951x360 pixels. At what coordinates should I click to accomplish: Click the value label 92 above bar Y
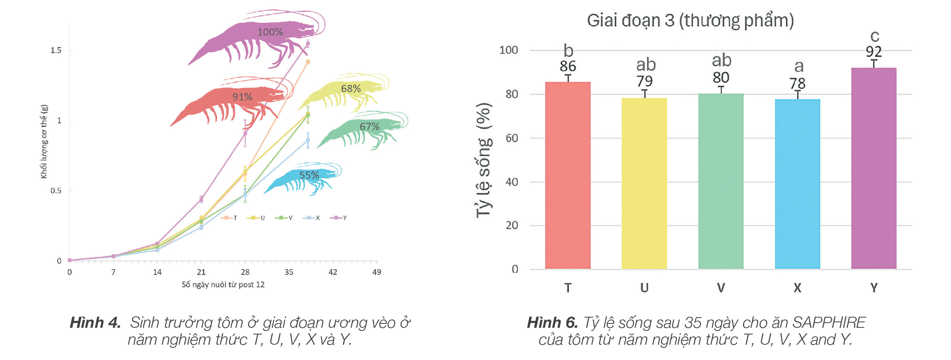click(x=874, y=51)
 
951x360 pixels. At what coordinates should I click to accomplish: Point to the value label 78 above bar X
click(x=797, y=83)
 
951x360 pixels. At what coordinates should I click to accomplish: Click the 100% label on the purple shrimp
click(x=270, y=32)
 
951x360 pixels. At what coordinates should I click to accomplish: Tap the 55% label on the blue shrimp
click(x=309, y=175)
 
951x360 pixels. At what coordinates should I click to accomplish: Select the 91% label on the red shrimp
click(x=242, y=97)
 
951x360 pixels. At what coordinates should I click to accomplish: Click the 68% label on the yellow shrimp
click(x=351, y=88)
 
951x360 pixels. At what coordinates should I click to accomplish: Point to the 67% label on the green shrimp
click(x=370, y=126)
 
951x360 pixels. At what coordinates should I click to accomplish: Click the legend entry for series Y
click(x=339, y=218)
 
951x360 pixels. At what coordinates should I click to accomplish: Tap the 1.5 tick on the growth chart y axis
click(x=56, y=50)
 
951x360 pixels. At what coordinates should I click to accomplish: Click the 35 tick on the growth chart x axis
click(x=289, y=272)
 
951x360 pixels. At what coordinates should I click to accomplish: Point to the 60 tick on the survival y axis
click(x=511, y=138)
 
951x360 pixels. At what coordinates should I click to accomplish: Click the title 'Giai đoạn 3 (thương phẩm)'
click(x=690, y=20)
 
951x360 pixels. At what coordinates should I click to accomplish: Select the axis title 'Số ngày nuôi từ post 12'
click(x=223, y=285)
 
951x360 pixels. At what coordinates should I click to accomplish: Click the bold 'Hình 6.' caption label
click(x=552, y=323)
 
